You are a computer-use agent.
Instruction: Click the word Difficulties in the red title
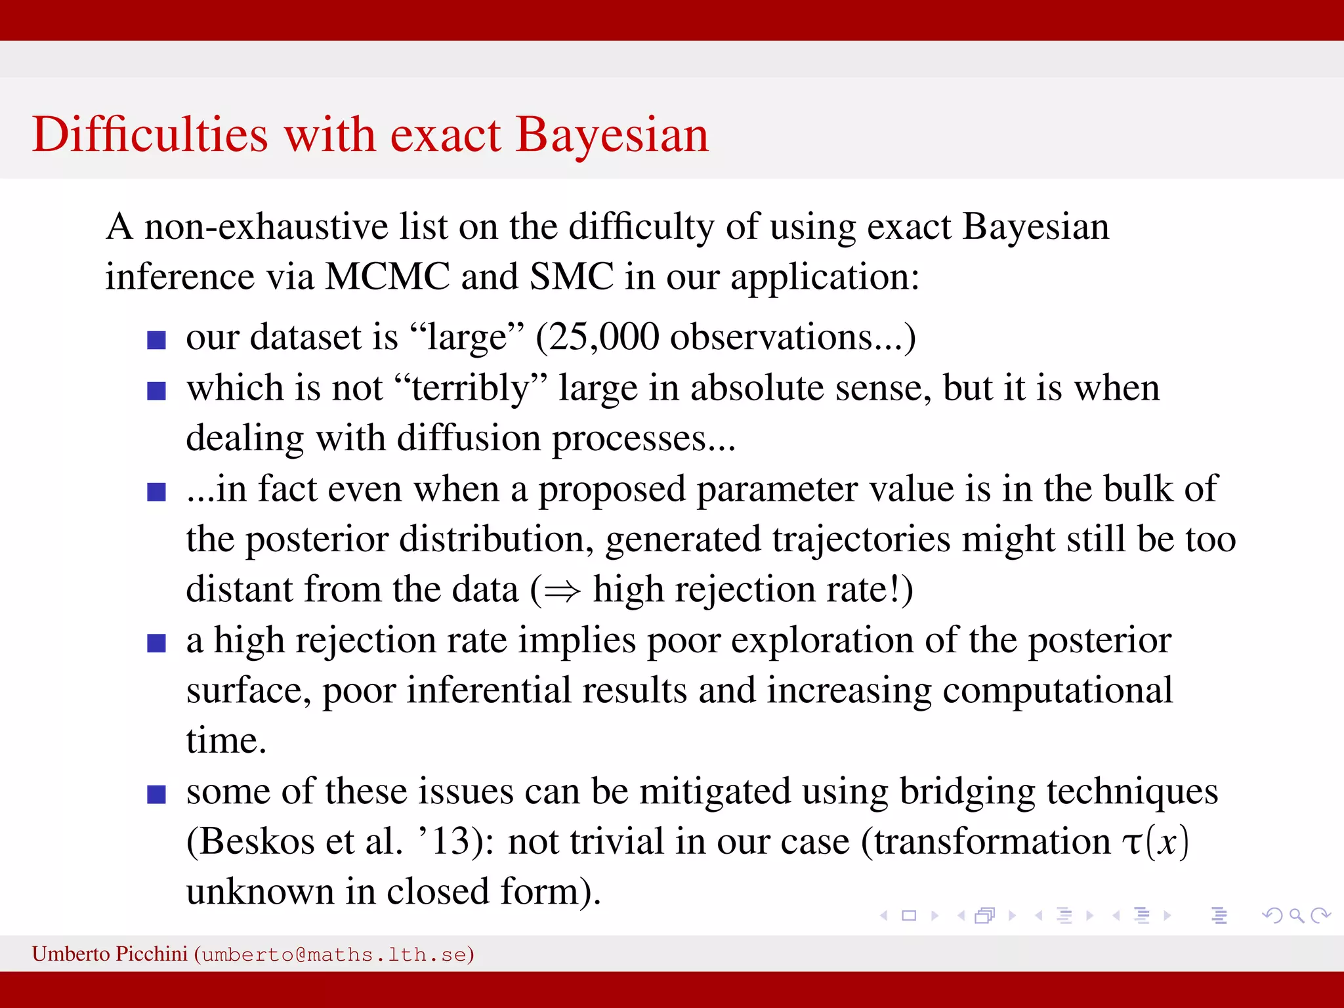[x=150, y=135]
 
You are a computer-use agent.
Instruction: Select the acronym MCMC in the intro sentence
[x=387, y=276]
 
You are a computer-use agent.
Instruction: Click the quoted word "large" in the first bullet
[x=467, y=338]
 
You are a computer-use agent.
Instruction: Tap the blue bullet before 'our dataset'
[x=156, y=340]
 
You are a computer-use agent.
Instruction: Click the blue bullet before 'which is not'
[x=156, y=391]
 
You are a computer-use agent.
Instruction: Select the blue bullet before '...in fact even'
[x=156, y=492]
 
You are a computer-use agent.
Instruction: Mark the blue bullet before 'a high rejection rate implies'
[x=156, y=643]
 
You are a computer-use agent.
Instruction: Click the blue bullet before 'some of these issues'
[x=156, y=795]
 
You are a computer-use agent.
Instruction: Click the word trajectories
[x=861, y=539]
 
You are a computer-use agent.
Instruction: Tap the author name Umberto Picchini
[x=110, y=954]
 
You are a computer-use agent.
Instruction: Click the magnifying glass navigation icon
[x=1296, y=915]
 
